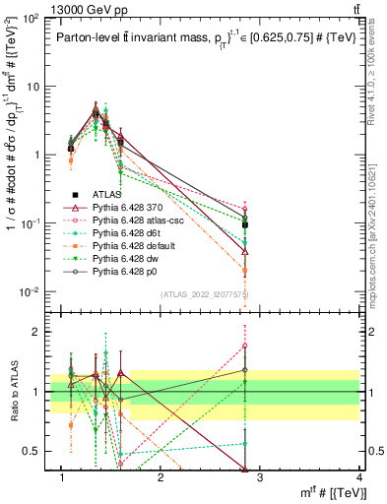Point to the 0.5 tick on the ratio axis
tap(36, 451)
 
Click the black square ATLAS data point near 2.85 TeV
tap(245, 225)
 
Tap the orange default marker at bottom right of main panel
tap(245, 270)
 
